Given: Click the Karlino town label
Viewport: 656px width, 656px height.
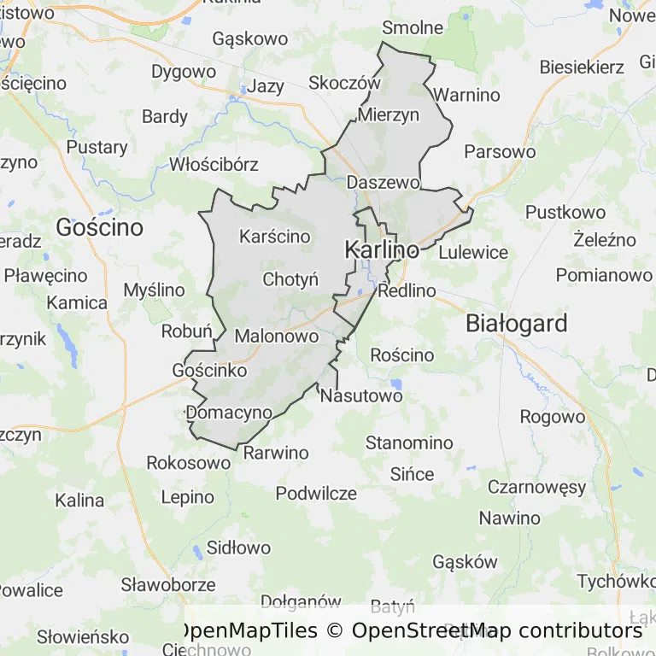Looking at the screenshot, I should (382, 250).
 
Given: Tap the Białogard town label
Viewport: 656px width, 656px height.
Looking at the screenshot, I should (517, 324).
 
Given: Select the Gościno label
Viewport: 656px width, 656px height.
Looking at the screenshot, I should (99, 226).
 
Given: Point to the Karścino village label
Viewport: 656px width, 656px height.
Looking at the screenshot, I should (275, 237).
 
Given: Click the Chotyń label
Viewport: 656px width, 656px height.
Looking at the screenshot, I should (290, 279).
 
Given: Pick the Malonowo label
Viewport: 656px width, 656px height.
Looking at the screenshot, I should (277, 337).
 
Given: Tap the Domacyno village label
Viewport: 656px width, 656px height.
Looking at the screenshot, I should (229, 413).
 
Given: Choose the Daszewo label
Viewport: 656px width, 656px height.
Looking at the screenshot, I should (384, 183).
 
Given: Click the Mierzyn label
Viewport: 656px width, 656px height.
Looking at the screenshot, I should (389, 114).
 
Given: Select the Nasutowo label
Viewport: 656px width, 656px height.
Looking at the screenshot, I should (361, 396).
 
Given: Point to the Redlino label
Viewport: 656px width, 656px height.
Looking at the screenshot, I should (407, 291).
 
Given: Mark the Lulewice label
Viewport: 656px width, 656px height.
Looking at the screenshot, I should (473, 253).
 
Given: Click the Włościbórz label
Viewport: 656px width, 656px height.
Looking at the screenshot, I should (214, 164).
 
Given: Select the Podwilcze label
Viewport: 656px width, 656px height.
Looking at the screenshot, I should (316, 494).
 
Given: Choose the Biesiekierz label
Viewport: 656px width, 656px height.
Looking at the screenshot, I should (583, 67).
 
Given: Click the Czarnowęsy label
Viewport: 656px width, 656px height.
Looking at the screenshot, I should (537, 488).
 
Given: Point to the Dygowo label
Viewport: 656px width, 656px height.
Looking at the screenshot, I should (184, 72).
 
